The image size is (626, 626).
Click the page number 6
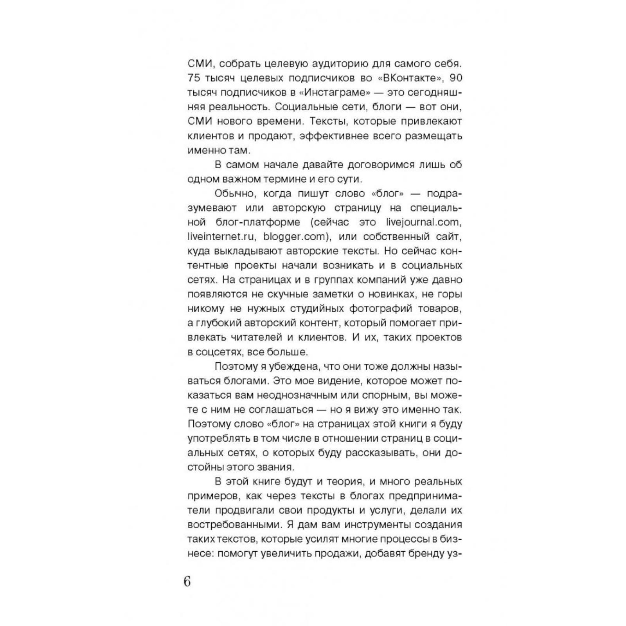pos(187,582)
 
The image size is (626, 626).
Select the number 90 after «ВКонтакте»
pos(456,78)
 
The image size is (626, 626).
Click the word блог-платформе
pos(258,222)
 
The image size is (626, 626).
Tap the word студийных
pos(307,309)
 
